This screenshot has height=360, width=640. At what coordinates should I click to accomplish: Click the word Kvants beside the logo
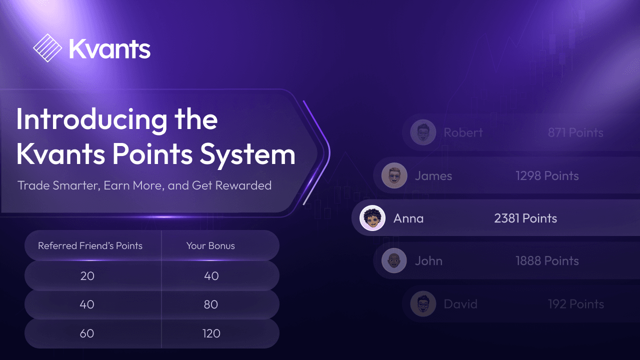(109, 49)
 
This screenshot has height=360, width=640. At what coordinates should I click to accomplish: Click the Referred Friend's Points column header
(90, 245)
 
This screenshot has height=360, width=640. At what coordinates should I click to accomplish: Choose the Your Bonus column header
(210, 245)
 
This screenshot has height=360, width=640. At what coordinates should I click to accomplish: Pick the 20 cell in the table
(87, 275)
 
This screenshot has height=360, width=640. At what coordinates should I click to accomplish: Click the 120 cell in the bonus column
(211, 333)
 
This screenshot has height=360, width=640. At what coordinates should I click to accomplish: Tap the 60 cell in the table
(87, 333)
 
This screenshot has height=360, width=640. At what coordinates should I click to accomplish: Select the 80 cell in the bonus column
(211, 304)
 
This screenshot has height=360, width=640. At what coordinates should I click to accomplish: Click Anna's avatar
(372, 218)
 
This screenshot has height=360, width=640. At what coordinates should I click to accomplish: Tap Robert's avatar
(423, 132)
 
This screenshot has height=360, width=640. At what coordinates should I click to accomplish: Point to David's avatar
(423, 304)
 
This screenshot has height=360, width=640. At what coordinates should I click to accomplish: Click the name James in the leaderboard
(433, 176)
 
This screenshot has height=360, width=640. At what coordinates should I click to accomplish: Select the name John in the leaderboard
(428, 261)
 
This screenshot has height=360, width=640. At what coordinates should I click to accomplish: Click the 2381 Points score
(525, 218)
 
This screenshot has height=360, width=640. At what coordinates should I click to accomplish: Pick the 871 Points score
(575, 132)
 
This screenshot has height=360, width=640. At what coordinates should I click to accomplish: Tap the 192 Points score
(576, 304)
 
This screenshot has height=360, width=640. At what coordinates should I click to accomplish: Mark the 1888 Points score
(547, 261)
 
